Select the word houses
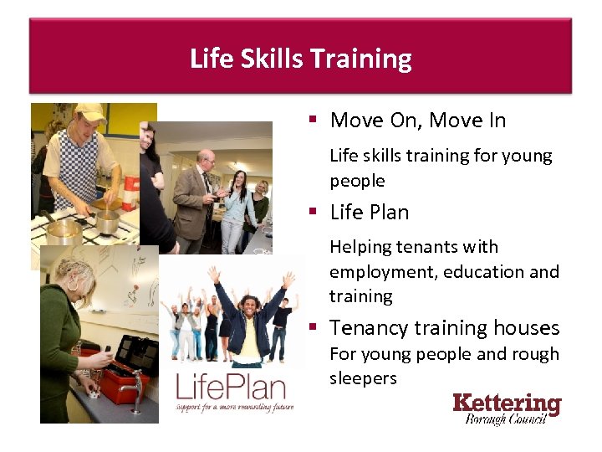pyautogui.click(x=527, y=328)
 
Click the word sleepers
pyautogui.click(x=363, y=378)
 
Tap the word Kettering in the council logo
pyautogui.click(x=507, y=403)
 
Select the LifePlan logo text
pyautogui.click(x=230, y=389)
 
